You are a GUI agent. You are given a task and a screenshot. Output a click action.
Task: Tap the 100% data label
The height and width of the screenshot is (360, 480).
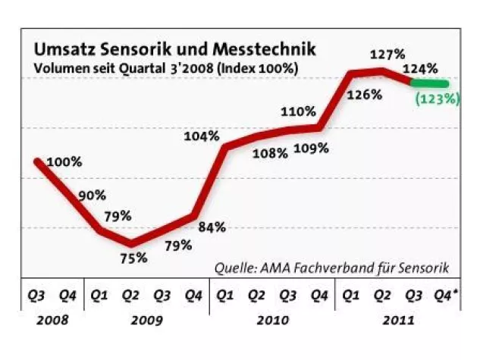tap(64, 162)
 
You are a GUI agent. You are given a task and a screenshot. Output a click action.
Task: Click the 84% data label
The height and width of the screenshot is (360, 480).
tap(212, 226)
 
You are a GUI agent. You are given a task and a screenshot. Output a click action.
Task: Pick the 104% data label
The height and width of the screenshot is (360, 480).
tap(202, 136)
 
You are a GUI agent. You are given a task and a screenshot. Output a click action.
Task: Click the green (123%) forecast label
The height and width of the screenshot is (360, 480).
tap(438, 98)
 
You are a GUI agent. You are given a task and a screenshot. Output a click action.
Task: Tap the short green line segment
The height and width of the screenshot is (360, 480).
tap(429, 83)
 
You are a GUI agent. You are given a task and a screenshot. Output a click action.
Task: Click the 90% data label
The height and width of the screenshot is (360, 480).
tap(91, 196)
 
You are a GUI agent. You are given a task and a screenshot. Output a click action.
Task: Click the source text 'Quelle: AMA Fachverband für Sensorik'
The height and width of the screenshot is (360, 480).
tap(332, 268)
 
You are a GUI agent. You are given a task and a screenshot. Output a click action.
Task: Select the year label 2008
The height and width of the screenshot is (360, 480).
tap(52, 321)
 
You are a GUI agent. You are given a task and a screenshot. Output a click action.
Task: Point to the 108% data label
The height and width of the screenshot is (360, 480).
tap(270, 153)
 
